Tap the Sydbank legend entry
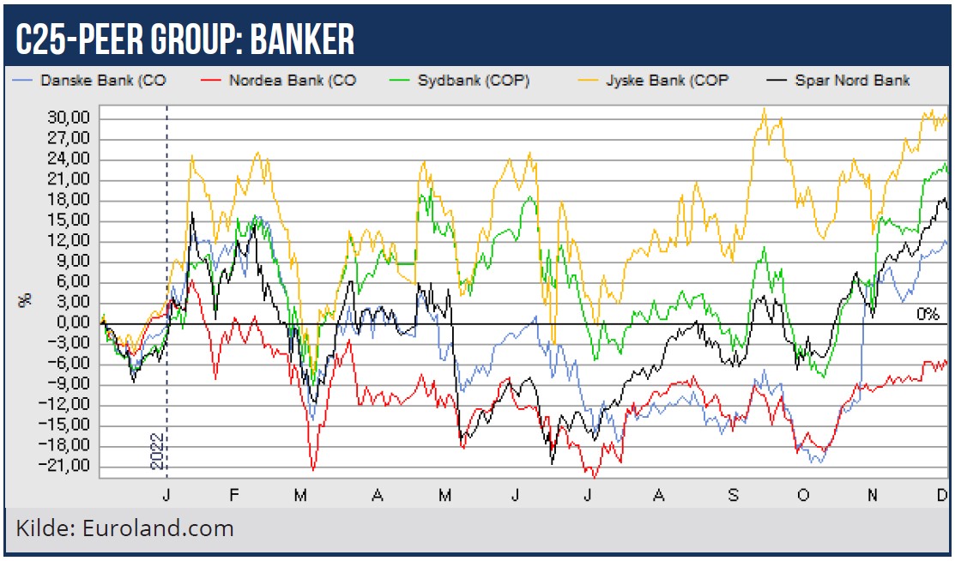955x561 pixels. tap(473, 81)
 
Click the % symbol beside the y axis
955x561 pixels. tap(26, 299)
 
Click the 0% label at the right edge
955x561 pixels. tap(927, 314)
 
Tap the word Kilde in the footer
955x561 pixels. tap(44, 528)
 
